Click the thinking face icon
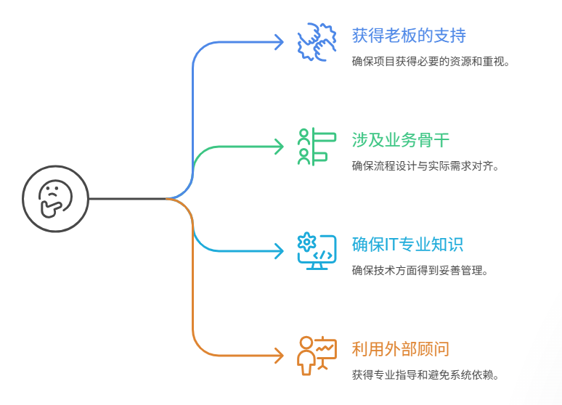pyautogui.click(x=54, y=198)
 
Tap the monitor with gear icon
pyautogui.click(x=317, y=251)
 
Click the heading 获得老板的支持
pyautogui.click(x=409, y=35)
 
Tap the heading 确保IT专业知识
pyautogui.click(x=407, y=244)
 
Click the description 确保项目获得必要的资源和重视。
pyautogui.click(x=431, y=61)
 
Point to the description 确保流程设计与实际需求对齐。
pyautogui.click(x=425, y=165)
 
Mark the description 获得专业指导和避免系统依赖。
pyautogui.click(x=425, y=375)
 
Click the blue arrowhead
pyautogui.click(x=278, y=42)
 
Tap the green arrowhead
pyautogui.click(x=278, y=147)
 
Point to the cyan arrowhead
pyautogui.click(x=278, y=251)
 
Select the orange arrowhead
pyautogui.click(x=278, y=356)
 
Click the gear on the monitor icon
pyautogui.click(x=307, y=242)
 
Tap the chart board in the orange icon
pyautogui.click(x=325, y=349)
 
